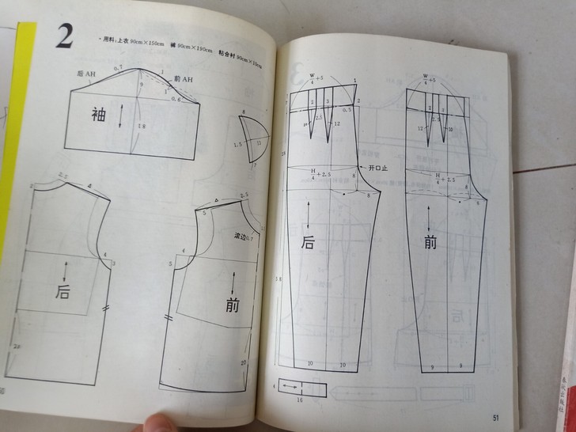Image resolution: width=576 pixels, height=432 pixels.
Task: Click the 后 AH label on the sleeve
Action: tap(87, 72)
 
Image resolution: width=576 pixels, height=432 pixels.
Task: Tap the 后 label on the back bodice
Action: tap(63, 291)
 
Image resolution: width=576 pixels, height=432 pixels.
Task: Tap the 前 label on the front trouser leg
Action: tap(430, 242)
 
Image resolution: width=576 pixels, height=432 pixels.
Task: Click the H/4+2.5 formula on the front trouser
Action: tap(434, 178)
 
